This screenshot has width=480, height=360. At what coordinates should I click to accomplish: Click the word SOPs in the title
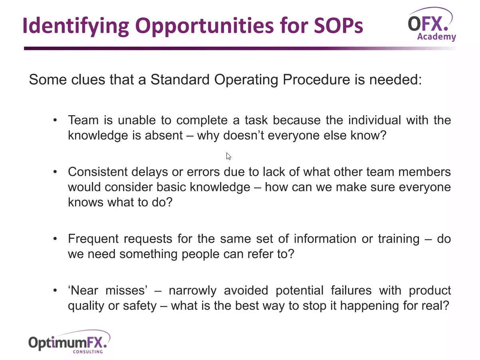point(339,26)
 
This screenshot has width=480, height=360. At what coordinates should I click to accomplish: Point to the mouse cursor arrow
point(228,156)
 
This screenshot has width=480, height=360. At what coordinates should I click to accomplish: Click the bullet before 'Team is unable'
point(55,120)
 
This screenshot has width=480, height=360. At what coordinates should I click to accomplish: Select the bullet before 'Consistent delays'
point(55,172)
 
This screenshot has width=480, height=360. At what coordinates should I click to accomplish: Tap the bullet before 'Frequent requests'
point(55,239)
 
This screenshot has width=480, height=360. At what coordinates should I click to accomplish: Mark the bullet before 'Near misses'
point(55,291)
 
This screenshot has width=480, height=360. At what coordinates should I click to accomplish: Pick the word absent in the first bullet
point(164,135)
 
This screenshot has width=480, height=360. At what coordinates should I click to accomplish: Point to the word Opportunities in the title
point(204,26)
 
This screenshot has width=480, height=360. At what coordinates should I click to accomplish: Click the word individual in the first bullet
point(375,120)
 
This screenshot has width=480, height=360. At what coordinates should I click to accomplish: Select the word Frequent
point(93,239)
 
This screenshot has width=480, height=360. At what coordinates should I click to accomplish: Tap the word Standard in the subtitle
point(180,79)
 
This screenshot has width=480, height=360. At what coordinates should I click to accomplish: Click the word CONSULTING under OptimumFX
point(88,352)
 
